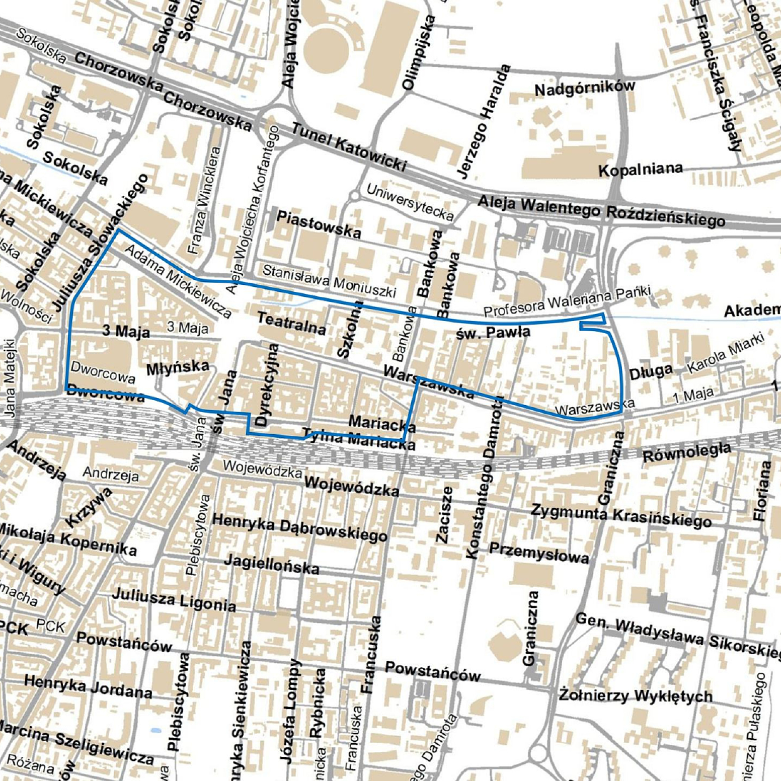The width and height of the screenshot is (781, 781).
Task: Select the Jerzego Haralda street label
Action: (x=484, y=121)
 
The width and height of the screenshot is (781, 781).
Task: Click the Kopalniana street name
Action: (x=640, y=170)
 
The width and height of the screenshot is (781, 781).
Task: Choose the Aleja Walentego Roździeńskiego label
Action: (x=601, y=210)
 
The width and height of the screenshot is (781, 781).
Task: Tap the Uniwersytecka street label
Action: (x=410, y=202)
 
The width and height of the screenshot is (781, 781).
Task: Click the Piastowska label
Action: (x=319, y=224)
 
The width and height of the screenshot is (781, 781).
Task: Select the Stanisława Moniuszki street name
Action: (x=329, y=281)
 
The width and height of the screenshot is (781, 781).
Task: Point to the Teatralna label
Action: (x=291, y=323)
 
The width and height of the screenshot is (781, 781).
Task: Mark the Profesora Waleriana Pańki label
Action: (x=567, y=301)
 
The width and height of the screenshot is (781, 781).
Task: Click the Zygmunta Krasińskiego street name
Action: (x=621, y=515)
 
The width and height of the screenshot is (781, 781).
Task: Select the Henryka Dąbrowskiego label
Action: (x=300, y=527)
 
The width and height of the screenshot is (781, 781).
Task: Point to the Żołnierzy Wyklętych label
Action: (x=636, y=695)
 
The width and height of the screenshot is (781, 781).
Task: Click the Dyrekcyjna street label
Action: (x=267, y=385)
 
